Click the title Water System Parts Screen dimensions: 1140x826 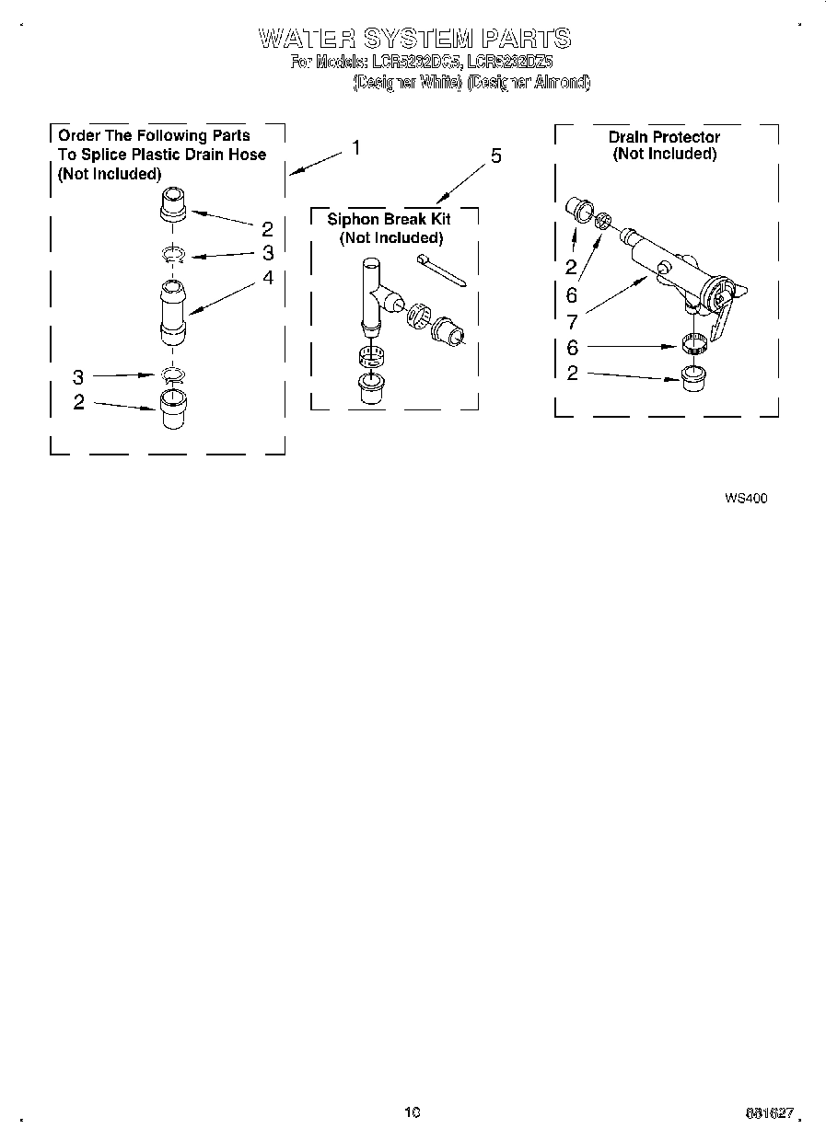point(414,39)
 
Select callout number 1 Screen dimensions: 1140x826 point(356,148)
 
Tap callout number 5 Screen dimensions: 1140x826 point(495,156)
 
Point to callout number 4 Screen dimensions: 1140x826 point(267,276)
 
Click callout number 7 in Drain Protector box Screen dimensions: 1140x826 point(572,322)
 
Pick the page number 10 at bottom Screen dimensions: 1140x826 point(412,1111)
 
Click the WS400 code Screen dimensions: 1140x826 point(746,499)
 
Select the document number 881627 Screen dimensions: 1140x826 point(769,1112)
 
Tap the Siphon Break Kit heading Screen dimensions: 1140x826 point(390,220)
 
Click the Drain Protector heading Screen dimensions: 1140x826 point(664,137)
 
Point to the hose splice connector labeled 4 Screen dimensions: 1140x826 point(173,313)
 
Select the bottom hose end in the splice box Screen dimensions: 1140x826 point(173,408)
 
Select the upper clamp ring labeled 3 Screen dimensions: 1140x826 point(173,255)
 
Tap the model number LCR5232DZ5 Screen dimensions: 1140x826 point(510,63)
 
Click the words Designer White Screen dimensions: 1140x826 point(410,82)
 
